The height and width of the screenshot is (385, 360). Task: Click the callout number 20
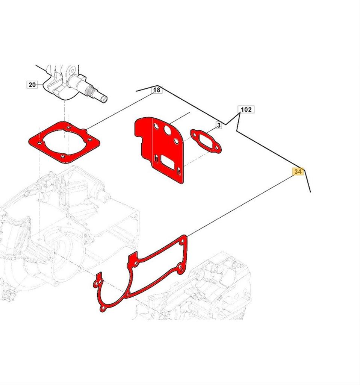tap(32, 85)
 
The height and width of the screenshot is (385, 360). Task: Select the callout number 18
tap(157, 90)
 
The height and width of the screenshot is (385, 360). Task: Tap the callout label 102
tap(246, 109)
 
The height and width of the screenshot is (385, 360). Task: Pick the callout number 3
tap(219, 126)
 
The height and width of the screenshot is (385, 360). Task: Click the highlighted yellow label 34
tap(298, 171)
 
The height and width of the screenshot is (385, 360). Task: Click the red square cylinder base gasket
tap(64, 142)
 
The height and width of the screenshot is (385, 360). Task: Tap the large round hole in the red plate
tap(168, 130)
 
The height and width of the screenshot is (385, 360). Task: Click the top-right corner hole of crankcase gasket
tap(182, 242)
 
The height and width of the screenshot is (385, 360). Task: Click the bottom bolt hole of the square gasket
tap(62, 156)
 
